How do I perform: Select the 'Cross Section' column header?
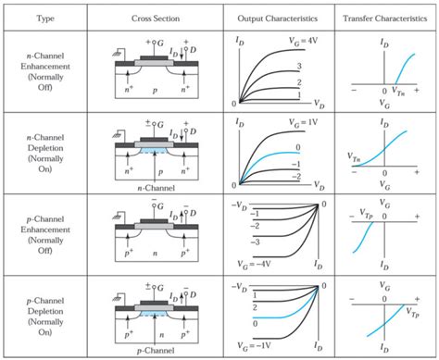157,19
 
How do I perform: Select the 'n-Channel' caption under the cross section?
157,186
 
